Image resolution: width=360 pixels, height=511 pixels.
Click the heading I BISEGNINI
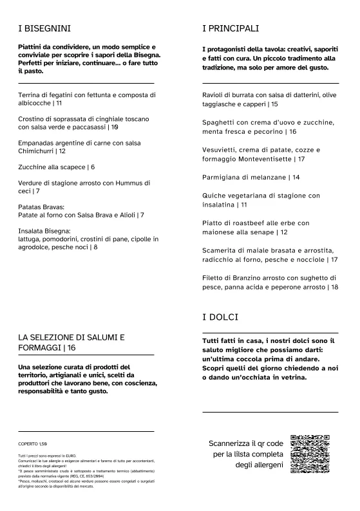[x=44, y=28]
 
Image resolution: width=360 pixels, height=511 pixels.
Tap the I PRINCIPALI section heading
[x=231, y=28]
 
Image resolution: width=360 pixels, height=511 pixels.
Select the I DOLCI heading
[x=220, y=317]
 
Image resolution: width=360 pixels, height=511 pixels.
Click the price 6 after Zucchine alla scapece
[x=92, y=167]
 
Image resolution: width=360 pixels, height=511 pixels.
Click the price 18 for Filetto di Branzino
[x=334, y=287]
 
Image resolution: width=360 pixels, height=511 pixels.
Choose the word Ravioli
[x=215, y=95]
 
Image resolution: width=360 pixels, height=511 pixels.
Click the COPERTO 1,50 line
[x=33, y=444]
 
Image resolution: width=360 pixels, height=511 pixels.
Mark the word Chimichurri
[x=37, y=151]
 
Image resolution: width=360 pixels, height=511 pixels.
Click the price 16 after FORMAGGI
[x=71, y=348]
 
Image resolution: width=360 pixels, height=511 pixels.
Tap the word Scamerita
[x=222, y=250]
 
